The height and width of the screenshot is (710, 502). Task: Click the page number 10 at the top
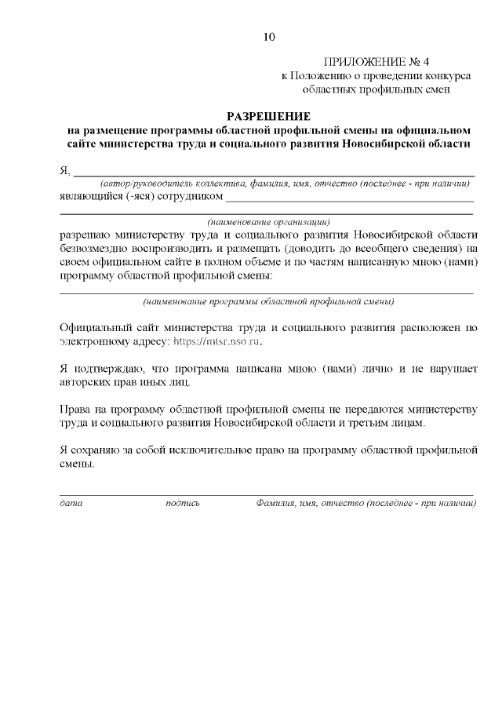[x=269, y=36]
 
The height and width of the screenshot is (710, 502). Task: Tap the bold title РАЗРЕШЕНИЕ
[x=268, y=116]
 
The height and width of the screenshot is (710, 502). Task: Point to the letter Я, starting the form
[x=64, y=170]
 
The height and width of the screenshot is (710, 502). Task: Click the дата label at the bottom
[x=71, y=502]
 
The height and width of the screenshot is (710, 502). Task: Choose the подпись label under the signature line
[x=183, y=502]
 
